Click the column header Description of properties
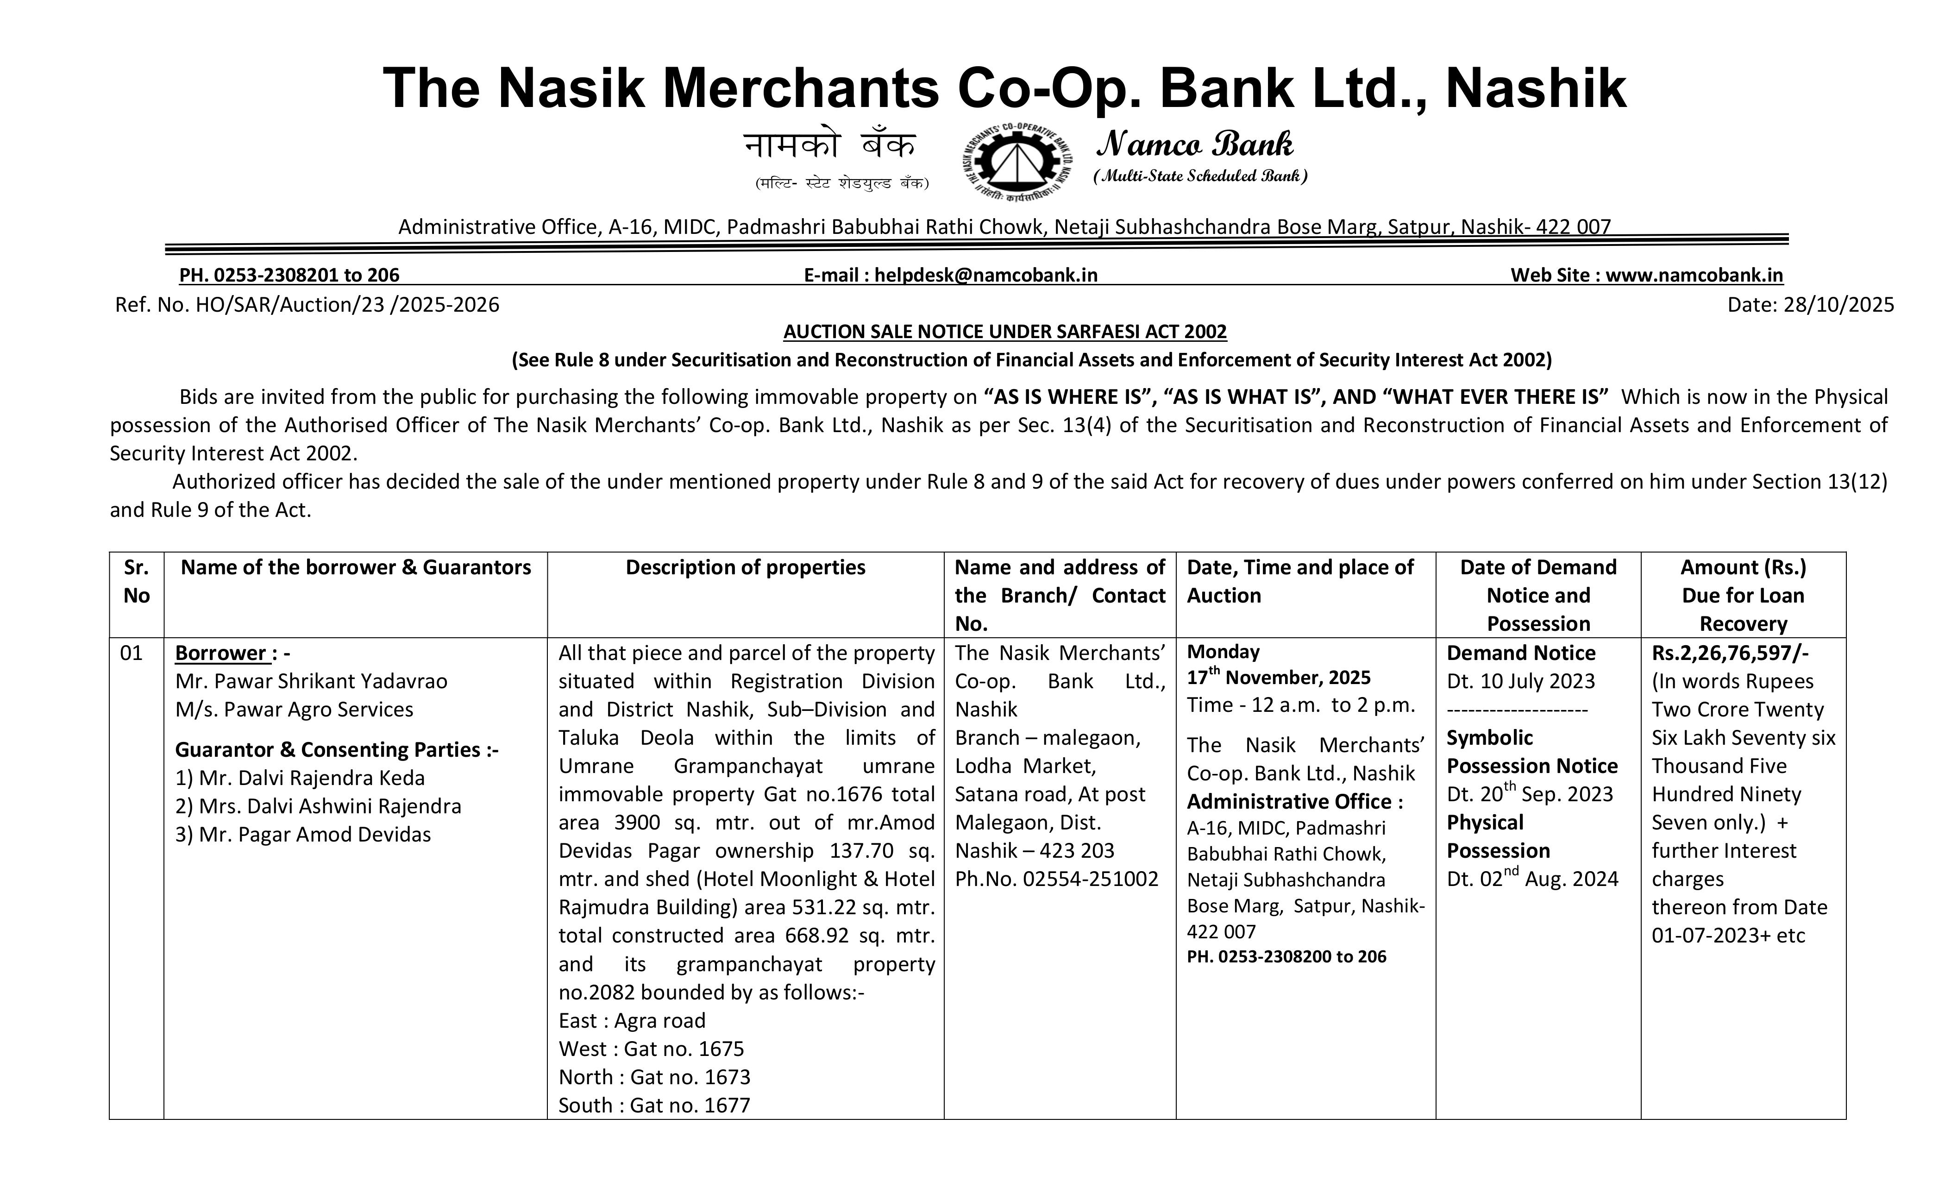(x=745, y=568)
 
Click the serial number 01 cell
(x=131, y=653)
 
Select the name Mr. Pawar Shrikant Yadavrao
(x=311, y=681)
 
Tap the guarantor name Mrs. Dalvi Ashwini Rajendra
(x=318, y=806)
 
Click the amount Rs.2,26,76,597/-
(x=1730, y=653)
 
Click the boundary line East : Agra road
(x=632, y=1021)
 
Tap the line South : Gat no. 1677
(x=653, y=1105)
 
